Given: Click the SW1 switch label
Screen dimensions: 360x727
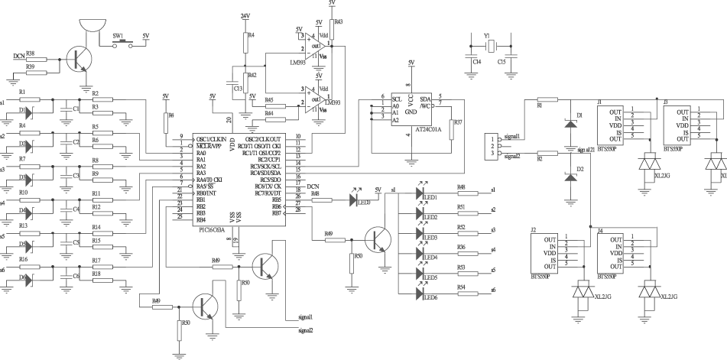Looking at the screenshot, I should coord(118,35).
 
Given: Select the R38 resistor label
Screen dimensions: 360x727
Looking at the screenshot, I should coord(29,54).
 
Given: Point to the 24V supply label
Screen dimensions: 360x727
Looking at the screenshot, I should coord(245,15).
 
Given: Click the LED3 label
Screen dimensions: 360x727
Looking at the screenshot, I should coord(430,237).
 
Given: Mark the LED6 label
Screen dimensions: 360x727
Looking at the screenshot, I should coord(430,297).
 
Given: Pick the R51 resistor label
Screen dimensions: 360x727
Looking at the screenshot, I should coord(461,207).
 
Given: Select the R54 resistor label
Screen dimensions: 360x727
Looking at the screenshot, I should coord(461,287).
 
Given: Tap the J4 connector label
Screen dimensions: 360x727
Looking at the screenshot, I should coord(600,230).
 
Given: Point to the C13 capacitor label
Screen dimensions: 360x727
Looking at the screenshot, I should coord(238,89).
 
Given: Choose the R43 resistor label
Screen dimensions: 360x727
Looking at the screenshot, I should coord(339,22).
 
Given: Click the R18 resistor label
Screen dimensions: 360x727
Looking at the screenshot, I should coord(96,271).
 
